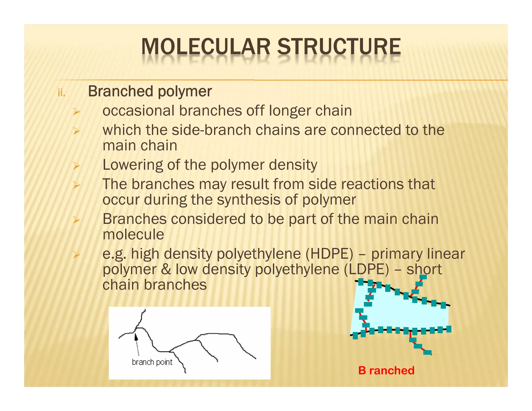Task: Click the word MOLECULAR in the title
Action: (205, 47)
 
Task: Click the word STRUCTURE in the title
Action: (339, 47)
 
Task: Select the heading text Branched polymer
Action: (150, 91)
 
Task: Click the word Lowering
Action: (132, 165)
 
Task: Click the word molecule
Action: (133, 235)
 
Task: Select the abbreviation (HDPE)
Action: (329, 254)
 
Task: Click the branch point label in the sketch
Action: (152, 362)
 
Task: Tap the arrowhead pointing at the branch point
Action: (136, 337)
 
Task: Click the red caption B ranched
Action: (386, 370)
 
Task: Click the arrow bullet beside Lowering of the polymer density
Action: (76, 165)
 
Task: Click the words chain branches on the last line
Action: (155, 285)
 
